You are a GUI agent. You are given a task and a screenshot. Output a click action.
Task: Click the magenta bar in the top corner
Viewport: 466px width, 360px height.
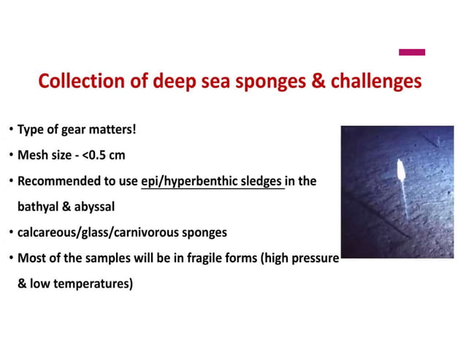tap(412, 52)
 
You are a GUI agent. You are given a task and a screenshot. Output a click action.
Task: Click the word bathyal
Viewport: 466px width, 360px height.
tap(40, 206)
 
